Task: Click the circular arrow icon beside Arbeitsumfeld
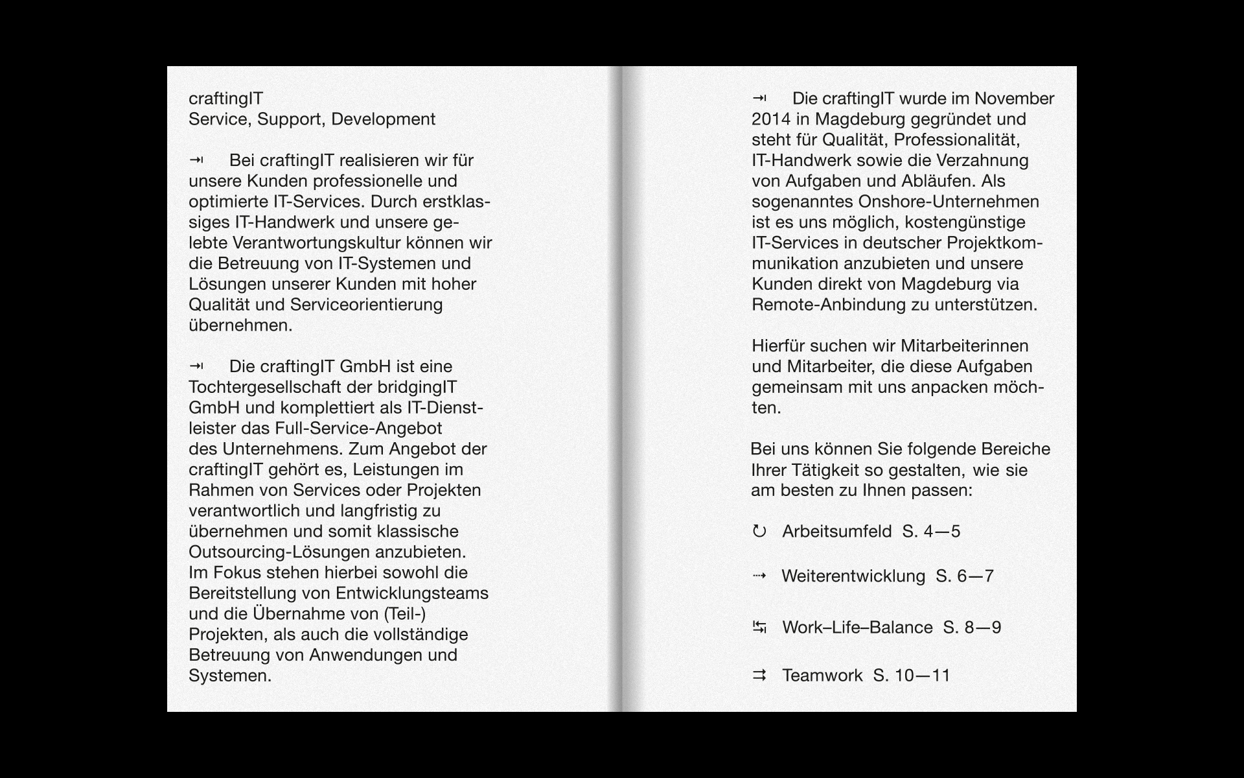pos(759,532)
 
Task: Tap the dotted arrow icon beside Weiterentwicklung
pos(759,576)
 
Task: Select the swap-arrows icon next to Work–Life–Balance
pos(759,628)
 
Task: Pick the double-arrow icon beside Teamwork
pos(759,676)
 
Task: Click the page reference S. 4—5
pos(931,532)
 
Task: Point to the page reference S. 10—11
pos(912,676)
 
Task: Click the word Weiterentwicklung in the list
pos(853,576)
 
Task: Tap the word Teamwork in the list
pos(822,676)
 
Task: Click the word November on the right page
pos(1014,99)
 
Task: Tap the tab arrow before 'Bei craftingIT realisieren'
pos(196,160)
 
